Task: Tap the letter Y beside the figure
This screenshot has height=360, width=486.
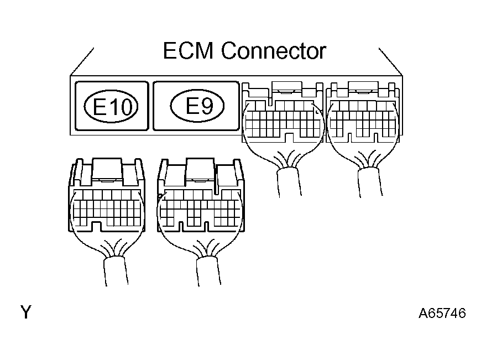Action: click(x=25, y=313)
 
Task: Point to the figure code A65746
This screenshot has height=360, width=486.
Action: click(x=442, y=314)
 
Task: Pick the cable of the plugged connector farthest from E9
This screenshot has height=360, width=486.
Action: click(x=369, y=182)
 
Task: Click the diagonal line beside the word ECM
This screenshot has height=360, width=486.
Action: click(x=81, y=61)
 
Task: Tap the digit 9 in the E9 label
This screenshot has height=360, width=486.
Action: click(x=207, y=105)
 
